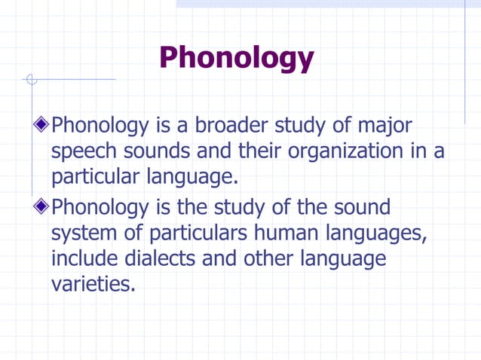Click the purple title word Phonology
click(236, 57)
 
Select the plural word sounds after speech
click(157, 151)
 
